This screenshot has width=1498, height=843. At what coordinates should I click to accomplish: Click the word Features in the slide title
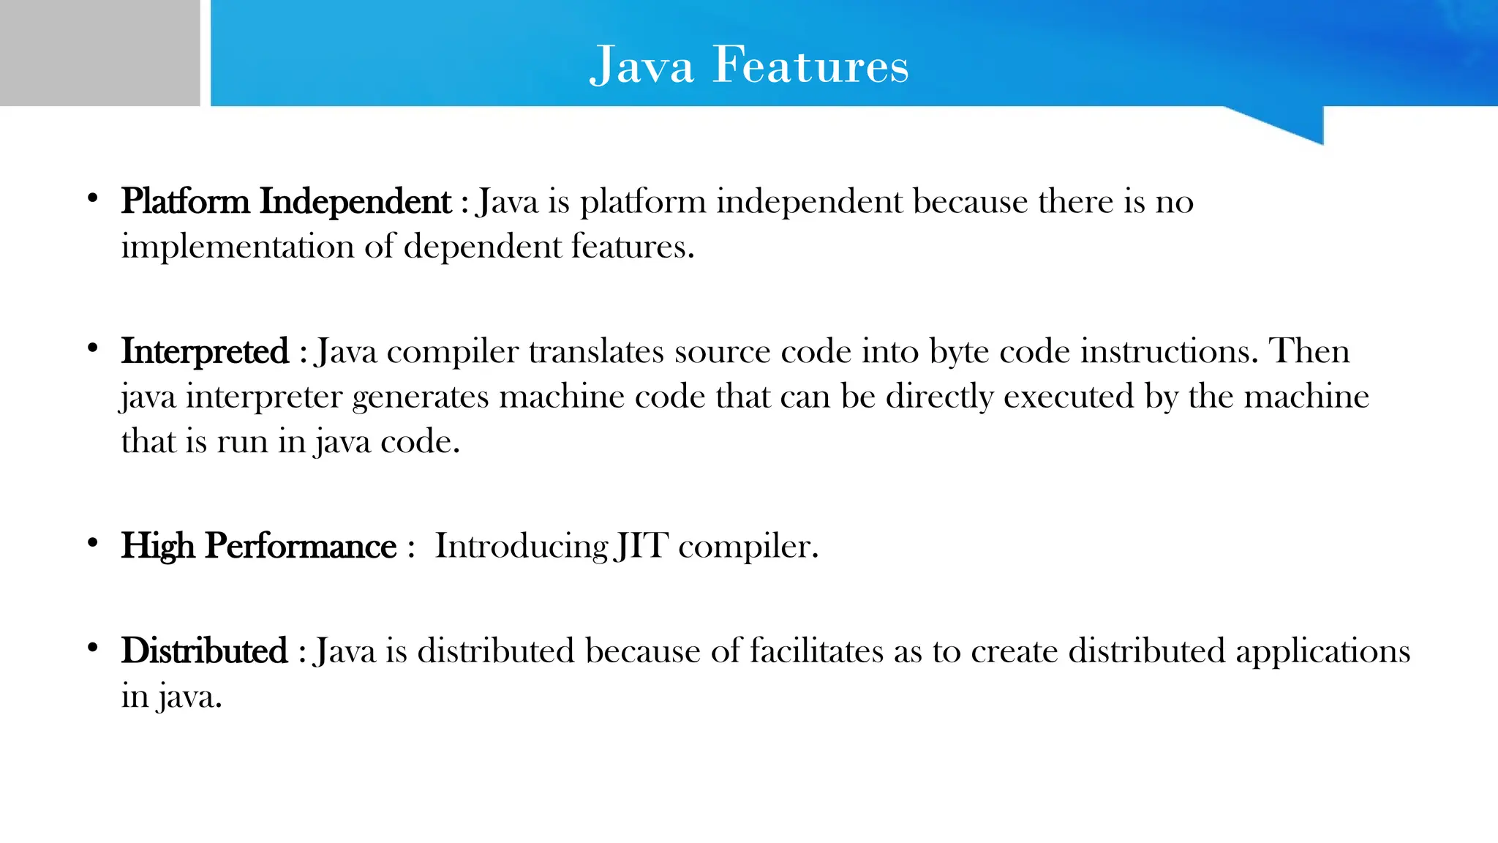coord(810,65)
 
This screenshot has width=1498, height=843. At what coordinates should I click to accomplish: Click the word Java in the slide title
coord(641,65)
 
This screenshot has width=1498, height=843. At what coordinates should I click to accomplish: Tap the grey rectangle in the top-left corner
coord(99,53)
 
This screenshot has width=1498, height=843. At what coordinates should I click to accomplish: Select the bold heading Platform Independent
coord(286,201)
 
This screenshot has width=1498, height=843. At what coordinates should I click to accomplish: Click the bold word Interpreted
coord(205,351)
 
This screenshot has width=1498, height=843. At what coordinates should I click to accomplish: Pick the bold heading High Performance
coord(259,546)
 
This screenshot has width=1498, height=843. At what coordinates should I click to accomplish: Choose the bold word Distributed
coord(205,651)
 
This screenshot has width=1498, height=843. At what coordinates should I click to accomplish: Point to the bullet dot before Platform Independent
coord(92,198)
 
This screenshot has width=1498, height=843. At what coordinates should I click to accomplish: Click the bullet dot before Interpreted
coord(92,348)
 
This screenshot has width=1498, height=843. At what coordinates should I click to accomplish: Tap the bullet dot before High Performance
coord(92,543)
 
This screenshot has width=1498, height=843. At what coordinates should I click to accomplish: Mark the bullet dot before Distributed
coord(92,648)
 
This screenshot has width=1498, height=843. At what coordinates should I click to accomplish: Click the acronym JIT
coord(641,546)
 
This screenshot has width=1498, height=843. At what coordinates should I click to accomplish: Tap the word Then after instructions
coord(1309,351)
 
